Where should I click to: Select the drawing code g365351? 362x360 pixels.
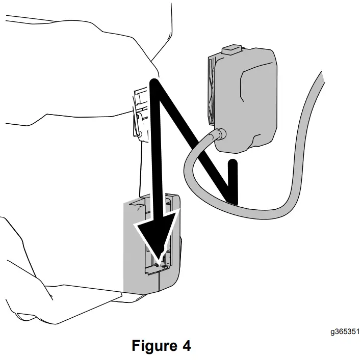point(344,332)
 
